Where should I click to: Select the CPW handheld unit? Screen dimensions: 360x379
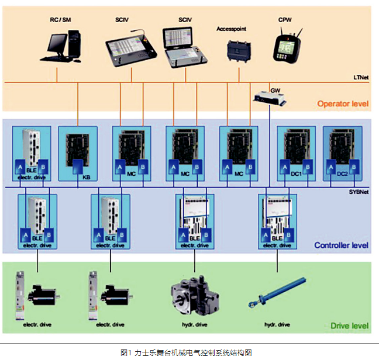pos(285,46)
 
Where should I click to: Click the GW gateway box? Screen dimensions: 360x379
pos(270,99)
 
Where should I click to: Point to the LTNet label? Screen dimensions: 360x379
pos(361,77)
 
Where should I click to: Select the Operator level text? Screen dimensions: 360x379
pos(343,104)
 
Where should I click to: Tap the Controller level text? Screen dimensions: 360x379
pos(341,245)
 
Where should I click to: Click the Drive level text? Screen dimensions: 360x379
pos(349,326)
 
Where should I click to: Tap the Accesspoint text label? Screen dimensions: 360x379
pos(231,27)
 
